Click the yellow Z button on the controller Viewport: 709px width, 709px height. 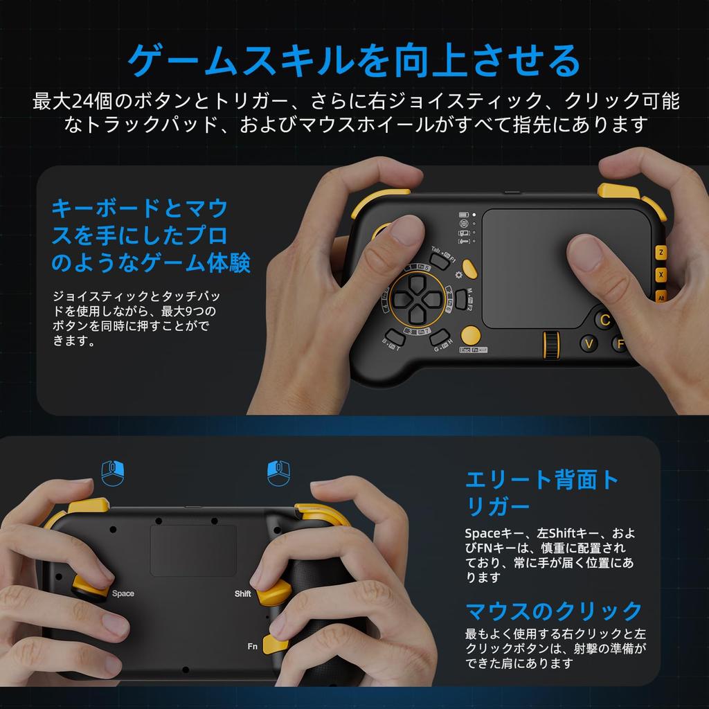661,253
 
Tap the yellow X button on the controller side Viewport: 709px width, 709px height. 661,275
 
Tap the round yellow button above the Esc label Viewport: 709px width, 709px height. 471,334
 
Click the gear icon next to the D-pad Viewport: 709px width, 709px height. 458,274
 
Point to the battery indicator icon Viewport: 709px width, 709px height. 464,214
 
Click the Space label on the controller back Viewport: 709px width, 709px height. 123,593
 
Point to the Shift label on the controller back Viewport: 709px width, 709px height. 242,593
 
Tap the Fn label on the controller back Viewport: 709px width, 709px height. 253,645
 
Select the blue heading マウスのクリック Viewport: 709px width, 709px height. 554,611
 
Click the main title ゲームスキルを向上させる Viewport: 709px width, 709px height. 354,61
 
